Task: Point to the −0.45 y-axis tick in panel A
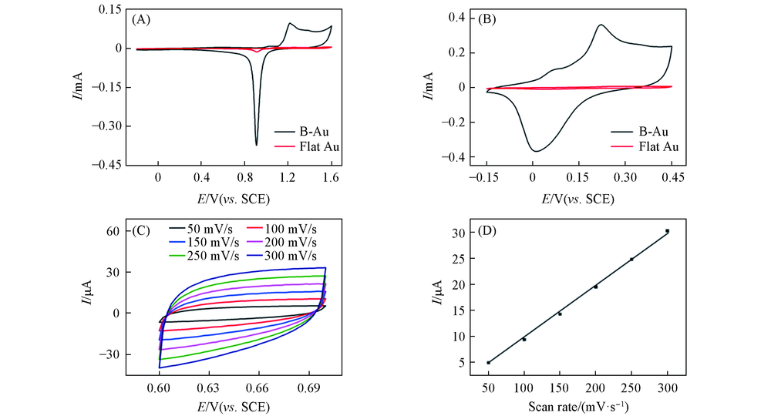[x=113, y=163]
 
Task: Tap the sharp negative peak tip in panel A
[x=256, y=144]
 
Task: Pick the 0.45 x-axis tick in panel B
[x=672, y=178]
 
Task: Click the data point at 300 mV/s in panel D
[x=667, y=230]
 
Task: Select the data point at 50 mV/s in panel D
[x=488, y=362]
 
